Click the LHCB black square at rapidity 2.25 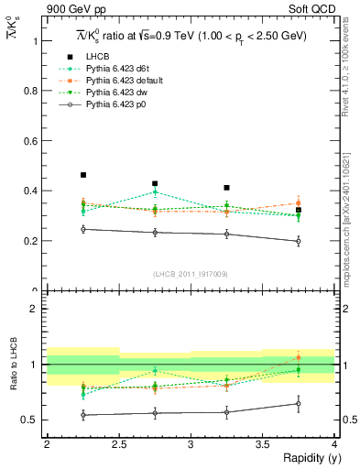coord(83,175)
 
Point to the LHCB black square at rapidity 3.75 coord(299,210)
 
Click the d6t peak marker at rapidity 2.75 coord(155,191)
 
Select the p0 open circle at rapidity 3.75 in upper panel coord(299,242)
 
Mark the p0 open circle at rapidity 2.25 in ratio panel coord(83,415)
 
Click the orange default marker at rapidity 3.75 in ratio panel coord(299,357)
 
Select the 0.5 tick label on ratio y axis coord(33,420)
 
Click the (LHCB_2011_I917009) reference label coord(191,274)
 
